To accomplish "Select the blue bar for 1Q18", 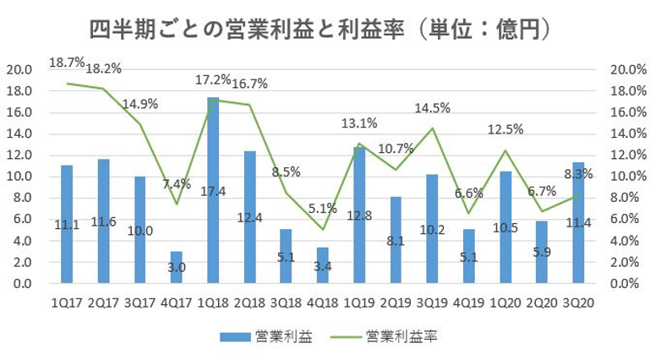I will point(213,190).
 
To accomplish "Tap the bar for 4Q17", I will point(176,267).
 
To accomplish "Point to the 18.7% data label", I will point(67,63).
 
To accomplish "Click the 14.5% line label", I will point(432,108).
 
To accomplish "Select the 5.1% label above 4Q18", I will point(322,208).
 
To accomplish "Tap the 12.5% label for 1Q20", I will point(506,129).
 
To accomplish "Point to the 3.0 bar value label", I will point(176,268).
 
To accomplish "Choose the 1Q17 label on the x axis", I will point(66,300).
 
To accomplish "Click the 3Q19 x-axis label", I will point(433,300).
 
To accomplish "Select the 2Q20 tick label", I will point(543,300).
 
